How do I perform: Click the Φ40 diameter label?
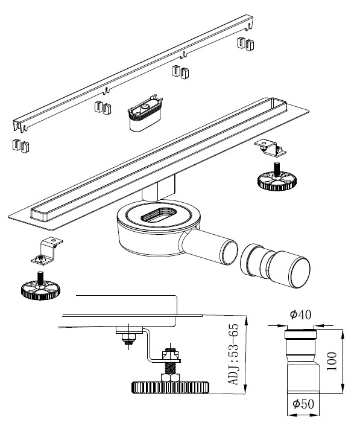(300, 314)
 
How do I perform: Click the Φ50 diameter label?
(303, 404)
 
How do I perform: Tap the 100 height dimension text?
(332, 362)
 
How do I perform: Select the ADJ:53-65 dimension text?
(233, 354)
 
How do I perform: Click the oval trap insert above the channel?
(145, 113)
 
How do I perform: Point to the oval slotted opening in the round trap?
(159, 214)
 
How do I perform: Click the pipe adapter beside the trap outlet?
(275, 266)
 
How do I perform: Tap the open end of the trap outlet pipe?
(230, 252)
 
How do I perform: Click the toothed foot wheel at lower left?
(40, 290)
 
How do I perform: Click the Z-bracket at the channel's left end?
(47, 251)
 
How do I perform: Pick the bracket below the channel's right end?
(270, 148)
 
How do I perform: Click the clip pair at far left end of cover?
(21, 145)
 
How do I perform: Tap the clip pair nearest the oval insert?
(103, 107)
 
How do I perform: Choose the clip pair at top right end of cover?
(245, 43)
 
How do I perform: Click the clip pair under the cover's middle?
(180, 72)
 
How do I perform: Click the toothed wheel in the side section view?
(170, 388)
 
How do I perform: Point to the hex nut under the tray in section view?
(128, 337)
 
